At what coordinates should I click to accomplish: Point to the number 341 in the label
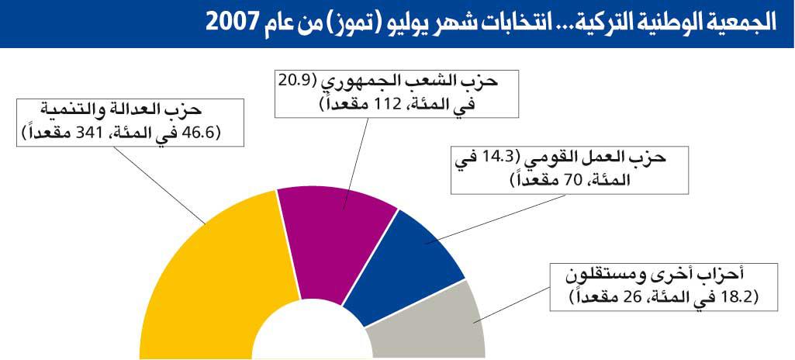pos(88,133)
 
